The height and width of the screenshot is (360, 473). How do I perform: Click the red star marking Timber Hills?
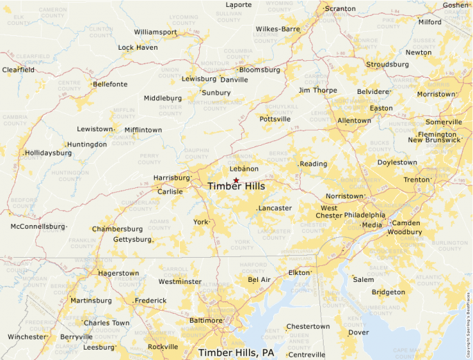point(236,180)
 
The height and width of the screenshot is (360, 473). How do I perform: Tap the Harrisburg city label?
point(171,178)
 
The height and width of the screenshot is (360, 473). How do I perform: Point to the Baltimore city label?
point(205,321)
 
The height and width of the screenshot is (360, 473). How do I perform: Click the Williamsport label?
point(155,32)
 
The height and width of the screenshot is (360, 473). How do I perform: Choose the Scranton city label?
point(340,9)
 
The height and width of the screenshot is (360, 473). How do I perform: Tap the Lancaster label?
point(275,208)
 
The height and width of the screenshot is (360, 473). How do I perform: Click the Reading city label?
point(313,164)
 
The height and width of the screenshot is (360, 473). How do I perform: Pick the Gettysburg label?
point(131,240)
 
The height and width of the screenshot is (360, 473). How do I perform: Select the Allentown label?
point(354,120)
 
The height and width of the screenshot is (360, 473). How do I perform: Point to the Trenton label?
point(416,180)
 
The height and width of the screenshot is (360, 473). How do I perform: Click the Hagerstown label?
point(118,273)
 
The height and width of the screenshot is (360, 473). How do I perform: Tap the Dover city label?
point(358,332)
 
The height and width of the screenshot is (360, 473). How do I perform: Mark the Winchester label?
point(26,337)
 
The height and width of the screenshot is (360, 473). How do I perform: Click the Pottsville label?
point(275,119)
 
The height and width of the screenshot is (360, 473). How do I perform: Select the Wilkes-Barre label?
point(277,29)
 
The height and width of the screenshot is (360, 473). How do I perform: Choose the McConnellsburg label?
point(37,227)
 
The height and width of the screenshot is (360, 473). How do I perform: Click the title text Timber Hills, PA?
point(236,352)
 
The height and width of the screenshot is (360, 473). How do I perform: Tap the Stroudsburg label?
point(387,64)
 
